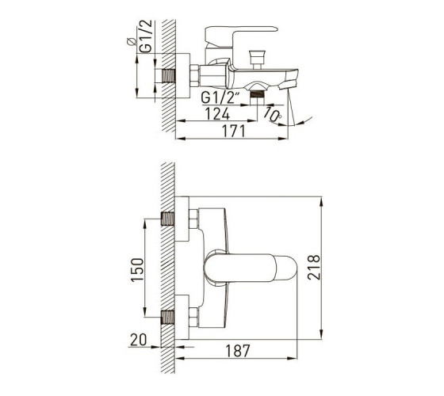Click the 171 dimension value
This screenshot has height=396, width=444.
(233, 131)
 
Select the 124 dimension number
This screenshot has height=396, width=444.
(217, 114)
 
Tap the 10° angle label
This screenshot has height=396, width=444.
(273, 115)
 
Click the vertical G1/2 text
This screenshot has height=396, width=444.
(146, 36)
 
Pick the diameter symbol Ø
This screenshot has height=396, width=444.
(131, 41)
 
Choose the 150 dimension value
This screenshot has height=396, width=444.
(137, 270)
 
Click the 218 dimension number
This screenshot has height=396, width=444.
(314, 268)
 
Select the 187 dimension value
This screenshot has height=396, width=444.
(238, 351)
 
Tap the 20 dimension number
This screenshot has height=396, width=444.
(139, 340)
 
